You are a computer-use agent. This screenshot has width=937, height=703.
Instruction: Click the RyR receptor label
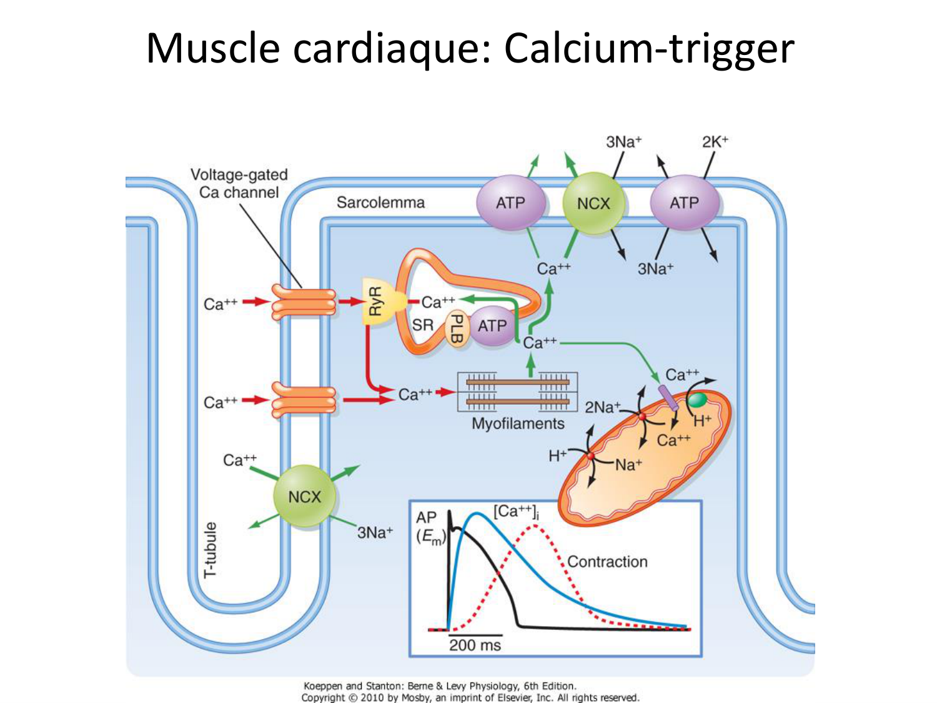tap(375, 302)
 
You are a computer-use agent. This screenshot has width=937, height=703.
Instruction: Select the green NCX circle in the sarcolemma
tap(593, 203)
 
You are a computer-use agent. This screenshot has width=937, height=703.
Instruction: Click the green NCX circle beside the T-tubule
tap(304, 497)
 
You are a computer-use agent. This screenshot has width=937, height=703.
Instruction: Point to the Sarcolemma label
tap(380, 202)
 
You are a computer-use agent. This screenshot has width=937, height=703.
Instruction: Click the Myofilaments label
tap(518, 424)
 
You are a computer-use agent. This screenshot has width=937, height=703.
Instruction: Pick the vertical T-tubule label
tap(211, 550)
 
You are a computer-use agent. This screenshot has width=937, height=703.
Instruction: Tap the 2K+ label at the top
tap(715, 142)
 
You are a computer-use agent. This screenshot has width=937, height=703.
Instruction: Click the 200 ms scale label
tap(475, 646)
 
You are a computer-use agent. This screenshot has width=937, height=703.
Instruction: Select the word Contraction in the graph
tap(607, 562)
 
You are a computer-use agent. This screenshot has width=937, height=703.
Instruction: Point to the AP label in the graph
tap(427, 517)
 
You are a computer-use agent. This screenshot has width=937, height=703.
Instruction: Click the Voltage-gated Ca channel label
tap(239, 183)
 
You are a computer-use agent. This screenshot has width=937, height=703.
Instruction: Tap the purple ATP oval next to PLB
tap(492, 326)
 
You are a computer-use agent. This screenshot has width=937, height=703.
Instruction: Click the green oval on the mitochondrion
tap(697, 399)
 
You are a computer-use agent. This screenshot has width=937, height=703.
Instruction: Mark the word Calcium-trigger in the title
tap(649, 48)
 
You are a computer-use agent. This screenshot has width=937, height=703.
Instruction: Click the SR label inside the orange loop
tap(422, 325)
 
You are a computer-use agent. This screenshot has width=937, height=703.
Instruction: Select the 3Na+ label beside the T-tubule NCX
tap(375, 532)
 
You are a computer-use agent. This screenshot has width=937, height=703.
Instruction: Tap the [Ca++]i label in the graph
tap(516, 512)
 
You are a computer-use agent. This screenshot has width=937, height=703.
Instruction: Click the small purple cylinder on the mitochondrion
tap(668, 398)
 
